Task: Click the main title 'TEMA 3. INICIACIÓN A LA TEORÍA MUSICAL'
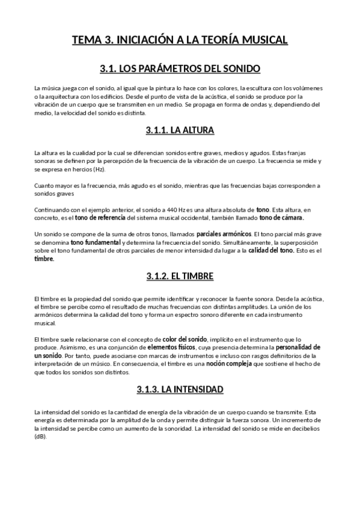[x=180, y=40]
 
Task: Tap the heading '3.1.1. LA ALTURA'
[x=180, y=130]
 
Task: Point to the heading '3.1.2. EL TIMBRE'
[x=180, y=276]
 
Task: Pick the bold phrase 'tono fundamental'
[x=90, y=242]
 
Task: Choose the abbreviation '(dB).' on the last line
[x=41, y=437]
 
